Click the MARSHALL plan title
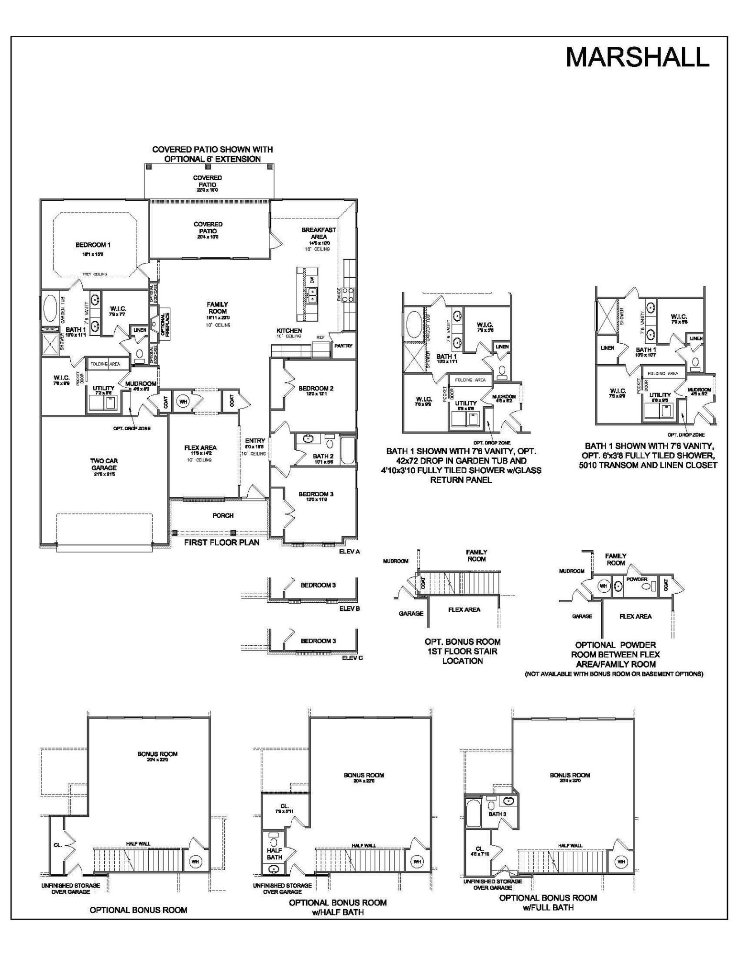[637, 57]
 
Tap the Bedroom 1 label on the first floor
[93, 245]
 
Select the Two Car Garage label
[104, 464]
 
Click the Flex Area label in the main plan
[200, 448]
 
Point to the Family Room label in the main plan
[217, 308]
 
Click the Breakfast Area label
[319, 233]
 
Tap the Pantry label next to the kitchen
[343, 346]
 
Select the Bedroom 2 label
[316, 389]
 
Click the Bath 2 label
[323, 456]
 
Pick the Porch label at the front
[223, 516]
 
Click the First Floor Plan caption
[222, 543]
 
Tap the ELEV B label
[349, 609]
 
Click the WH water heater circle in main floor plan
[183, 402]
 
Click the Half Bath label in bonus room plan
[275, 854]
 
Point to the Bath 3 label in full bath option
[497, 814]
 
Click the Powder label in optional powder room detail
[637, 579]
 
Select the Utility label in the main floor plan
[103, 388]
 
